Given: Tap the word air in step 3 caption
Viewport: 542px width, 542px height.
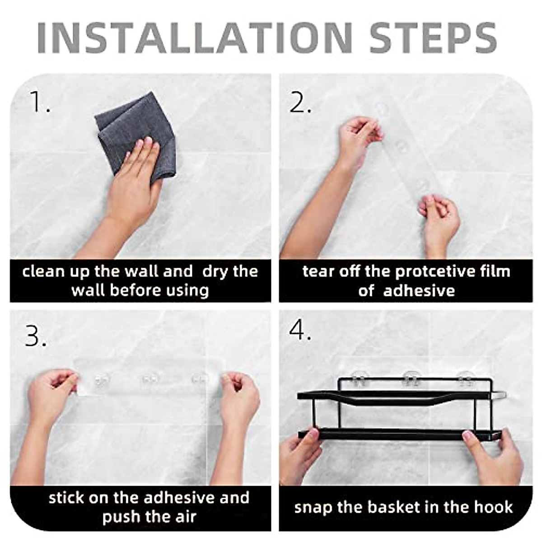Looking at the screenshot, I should point(184,516).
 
